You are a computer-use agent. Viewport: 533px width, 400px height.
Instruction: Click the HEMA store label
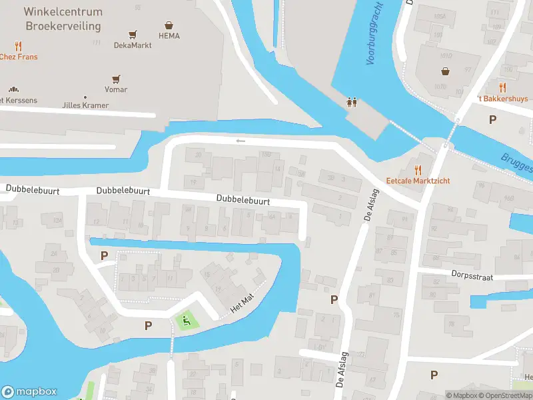click(x=169, y=35)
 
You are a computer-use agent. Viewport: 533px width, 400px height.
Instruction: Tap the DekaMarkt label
click(x=133, y=45)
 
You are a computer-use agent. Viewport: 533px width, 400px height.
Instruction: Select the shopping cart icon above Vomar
click(x=116, y=78)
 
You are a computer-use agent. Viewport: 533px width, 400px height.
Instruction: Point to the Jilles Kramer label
click(x=85, y=105)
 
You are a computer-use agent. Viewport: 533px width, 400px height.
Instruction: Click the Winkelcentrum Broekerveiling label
click(x=63, y=19)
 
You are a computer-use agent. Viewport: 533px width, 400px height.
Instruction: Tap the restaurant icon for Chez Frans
click(x=18, y=46)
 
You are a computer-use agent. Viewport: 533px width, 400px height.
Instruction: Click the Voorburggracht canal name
click(x=376, y=40)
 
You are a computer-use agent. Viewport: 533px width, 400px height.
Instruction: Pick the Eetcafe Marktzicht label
click(x=418, y=181)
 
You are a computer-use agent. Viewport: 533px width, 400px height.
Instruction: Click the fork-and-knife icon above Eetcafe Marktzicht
click(x=418, y=169)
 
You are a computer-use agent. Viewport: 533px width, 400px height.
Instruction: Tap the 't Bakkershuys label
click(x=502, y=99)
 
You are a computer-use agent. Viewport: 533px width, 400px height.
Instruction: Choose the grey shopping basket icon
click(x=445, y=71)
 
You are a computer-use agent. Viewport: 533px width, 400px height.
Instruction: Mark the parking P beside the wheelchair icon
click(x=148, y=325)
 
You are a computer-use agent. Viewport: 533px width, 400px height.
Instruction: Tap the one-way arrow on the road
click(x=241, y=141)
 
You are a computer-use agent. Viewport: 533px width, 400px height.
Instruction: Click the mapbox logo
click(x=29, y=392)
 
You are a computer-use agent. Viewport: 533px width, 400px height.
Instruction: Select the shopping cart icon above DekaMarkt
click(x=133, y=34)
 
